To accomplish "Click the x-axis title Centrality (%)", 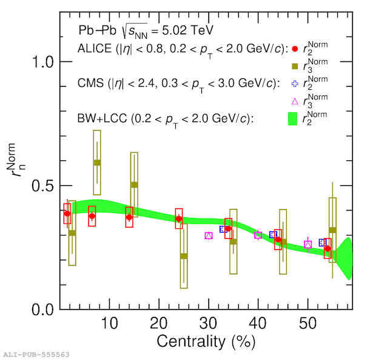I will pyautogui.click(x=206, y=342).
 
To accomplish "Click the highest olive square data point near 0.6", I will pyautogui.click(x=97, y=163).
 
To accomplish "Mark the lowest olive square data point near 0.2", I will pyautogui.click(x=184, y=256).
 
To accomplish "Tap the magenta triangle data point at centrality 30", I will pyautogui.click(x=209, y=236).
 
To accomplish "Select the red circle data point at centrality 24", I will pyautogui.click(x=179, y=219).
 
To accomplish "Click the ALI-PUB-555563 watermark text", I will pyautogui.click(x=36, y=354).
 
